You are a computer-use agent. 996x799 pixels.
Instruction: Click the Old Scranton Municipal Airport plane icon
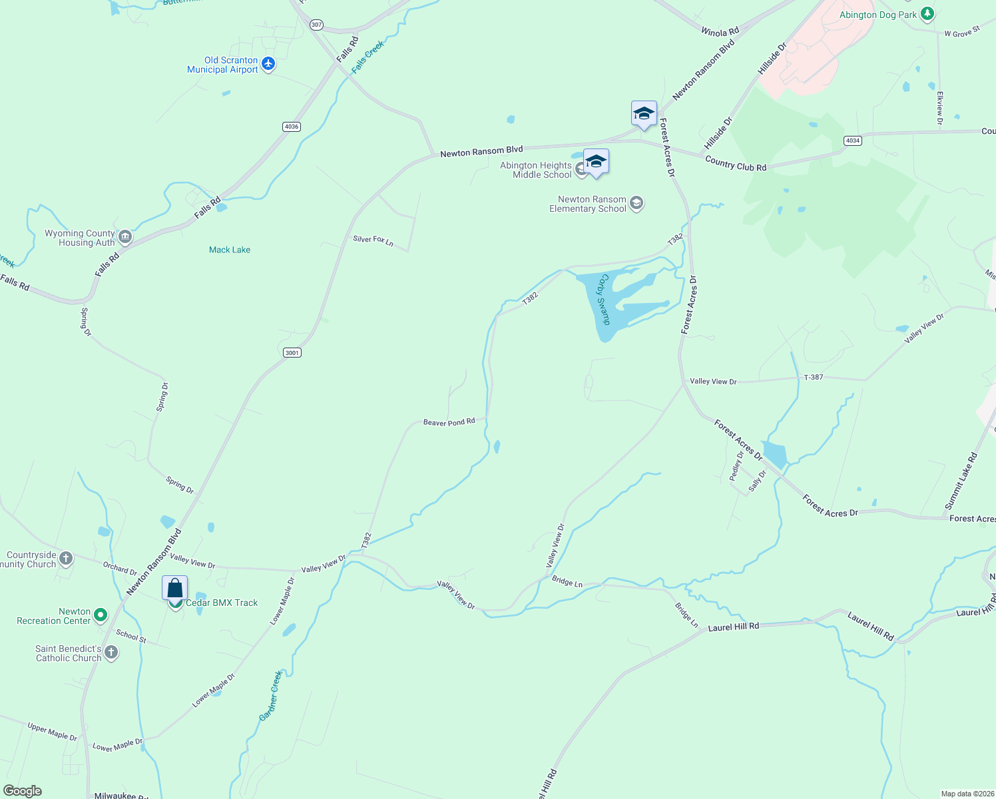(268, 64)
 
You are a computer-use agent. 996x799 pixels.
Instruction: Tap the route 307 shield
(316, 25)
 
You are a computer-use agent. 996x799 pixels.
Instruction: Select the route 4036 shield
(291, 127)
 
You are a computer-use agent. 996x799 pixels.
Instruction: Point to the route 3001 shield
(292, 352)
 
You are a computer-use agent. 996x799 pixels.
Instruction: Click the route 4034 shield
(852, 140)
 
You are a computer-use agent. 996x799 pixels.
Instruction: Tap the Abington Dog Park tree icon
(927, 14)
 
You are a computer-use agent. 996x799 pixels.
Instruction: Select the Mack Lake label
(230, 250)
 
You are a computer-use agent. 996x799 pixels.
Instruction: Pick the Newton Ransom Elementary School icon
(636, 203)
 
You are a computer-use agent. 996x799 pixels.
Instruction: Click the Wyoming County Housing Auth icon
(124, 237)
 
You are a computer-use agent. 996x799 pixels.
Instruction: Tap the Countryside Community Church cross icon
(66, 559)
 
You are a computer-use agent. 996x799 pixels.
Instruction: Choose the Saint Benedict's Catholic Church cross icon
(111, 653)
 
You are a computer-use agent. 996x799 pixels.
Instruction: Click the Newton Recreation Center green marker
(101, 615)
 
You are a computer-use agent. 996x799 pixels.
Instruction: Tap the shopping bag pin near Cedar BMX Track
(175, 589)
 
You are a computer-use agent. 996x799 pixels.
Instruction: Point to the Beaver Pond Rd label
(449, 422)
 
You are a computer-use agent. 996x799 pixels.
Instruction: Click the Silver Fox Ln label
(373, 240)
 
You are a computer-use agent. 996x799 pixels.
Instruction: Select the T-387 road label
(814, 378)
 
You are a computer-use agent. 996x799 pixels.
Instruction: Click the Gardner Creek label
(271, 696)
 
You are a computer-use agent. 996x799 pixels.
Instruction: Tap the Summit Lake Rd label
(961, 481)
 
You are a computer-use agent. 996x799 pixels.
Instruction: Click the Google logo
(23, 791)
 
